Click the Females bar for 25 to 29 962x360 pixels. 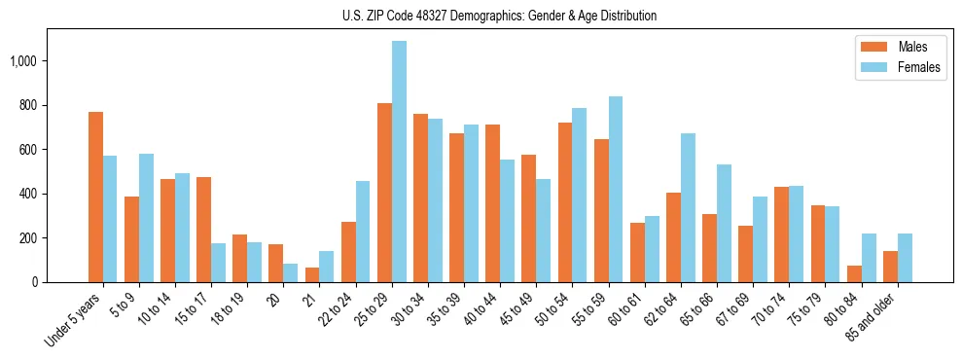399,162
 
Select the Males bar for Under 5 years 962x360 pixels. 95,197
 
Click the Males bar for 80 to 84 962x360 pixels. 854,273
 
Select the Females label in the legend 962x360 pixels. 919,67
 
